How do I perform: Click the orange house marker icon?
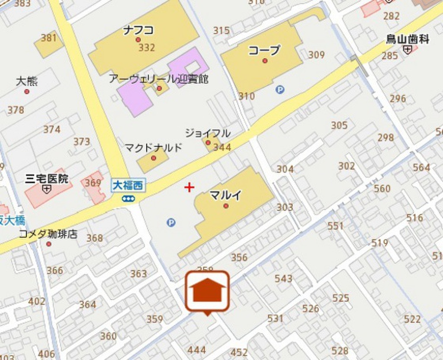point(208,291)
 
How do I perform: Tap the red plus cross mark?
point(189,187)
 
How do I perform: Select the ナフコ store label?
point(138,30)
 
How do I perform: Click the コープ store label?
point(264,50)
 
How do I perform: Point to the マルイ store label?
point(225,195)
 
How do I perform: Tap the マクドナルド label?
point(154,148)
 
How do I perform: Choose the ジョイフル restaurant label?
point(208,133)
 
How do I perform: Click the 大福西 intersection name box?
point(128,186)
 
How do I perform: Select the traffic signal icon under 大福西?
point(128,198)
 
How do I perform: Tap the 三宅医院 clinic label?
point(47,178)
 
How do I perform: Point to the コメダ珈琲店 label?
point(48,234)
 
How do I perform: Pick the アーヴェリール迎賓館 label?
point(158,79)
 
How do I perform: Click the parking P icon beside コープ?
point(280,89)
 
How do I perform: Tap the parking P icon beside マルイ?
point(171,223)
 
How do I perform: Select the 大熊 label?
point(26,81)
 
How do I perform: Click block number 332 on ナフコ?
point(147,48)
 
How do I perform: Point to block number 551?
point(335,226)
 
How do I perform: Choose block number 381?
point(49,38)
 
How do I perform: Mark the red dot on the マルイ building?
point(226,206)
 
